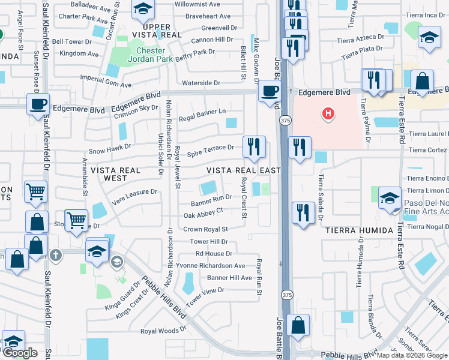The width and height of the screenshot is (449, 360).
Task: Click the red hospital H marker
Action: coord(328,113)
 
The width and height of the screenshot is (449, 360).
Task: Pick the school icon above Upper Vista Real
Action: coord(143,8)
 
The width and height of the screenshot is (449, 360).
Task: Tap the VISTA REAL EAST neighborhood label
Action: coord(243,170)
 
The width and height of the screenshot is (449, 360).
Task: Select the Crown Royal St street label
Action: coord(205,229)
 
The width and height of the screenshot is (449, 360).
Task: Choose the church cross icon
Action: coord(55,254)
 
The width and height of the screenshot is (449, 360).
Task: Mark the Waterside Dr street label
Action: coord(202,83)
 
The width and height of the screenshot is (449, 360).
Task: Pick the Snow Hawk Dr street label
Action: coord(110,146)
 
